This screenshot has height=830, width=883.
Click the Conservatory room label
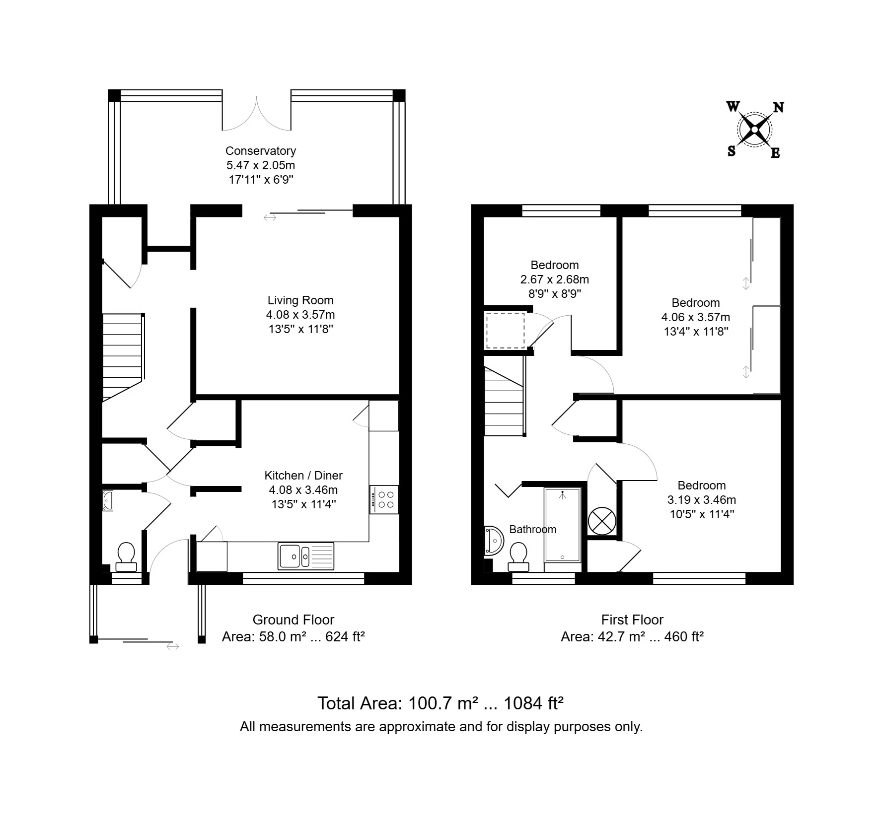tap(260, 150)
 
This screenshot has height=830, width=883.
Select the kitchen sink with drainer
tap(306, 555)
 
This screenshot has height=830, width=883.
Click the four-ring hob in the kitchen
tap(384, 499)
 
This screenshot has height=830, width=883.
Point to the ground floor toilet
tap(126, 556)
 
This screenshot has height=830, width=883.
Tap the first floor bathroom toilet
tap(518, 556)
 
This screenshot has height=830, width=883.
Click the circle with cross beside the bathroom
tap(602, 521)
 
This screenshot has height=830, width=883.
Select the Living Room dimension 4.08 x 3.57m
tap(300, 314)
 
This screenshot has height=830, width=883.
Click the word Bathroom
tap(532, 529)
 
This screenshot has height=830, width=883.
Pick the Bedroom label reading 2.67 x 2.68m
tap(554, 279)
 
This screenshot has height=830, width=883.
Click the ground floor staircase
tap(122, 356)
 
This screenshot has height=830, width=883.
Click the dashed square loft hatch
tap(505, 330)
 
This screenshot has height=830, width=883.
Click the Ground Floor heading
tap(293, 620)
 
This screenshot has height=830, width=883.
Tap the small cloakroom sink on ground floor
tap(108, 500)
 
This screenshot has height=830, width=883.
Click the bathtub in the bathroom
tap(562, 524)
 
